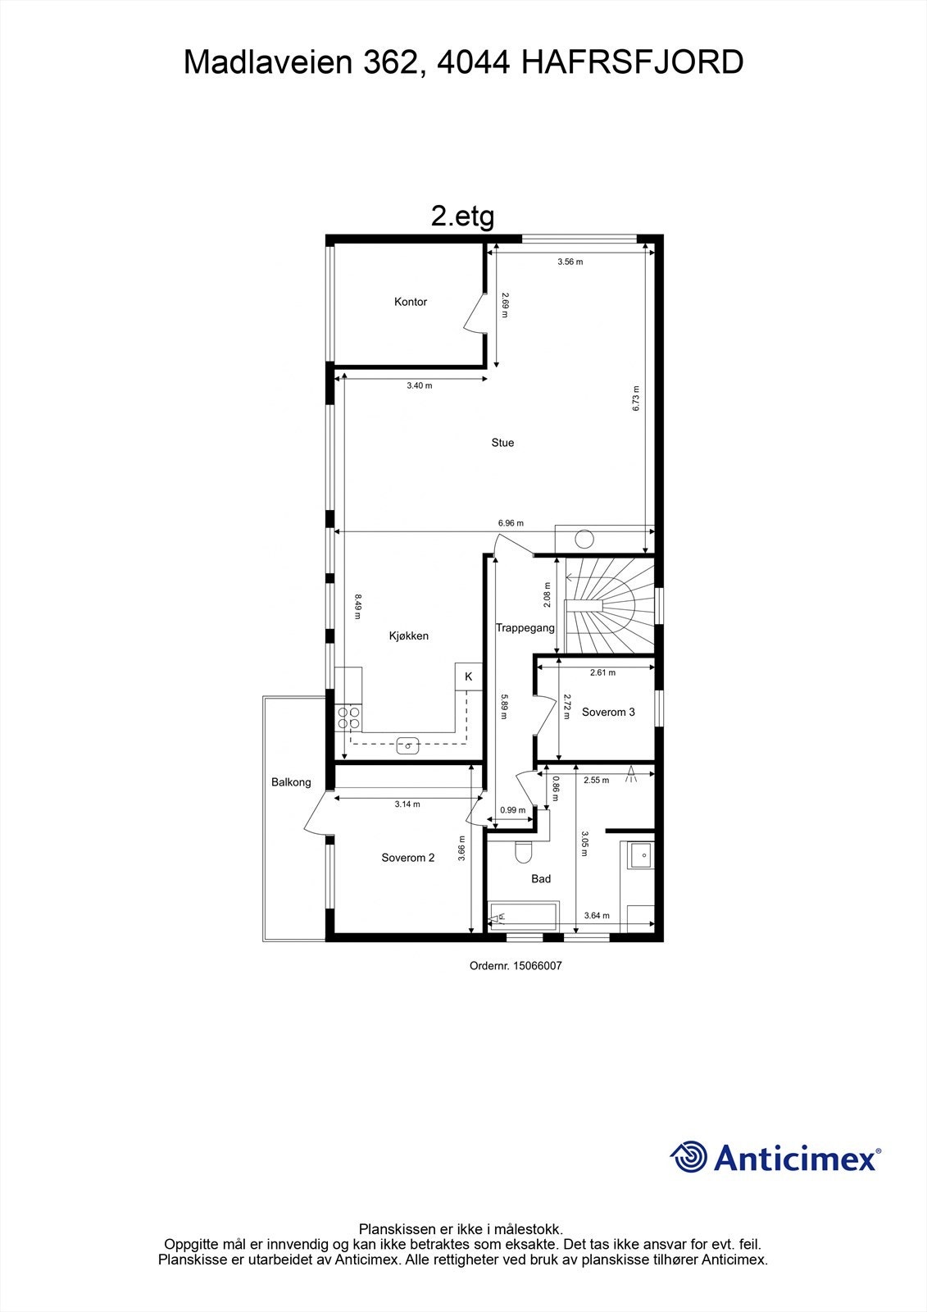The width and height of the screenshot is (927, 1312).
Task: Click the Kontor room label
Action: tap(411, 302)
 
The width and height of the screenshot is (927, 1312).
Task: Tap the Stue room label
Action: tap(502, 443)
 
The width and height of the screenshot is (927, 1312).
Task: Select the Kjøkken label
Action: tap(408, 635)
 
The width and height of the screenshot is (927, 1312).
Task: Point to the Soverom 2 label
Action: tap(408, 858)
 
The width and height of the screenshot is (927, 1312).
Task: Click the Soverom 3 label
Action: tap(608, 712)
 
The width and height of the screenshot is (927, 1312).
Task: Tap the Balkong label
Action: tap(291, 782)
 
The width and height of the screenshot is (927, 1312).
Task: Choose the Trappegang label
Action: tap(525, 628)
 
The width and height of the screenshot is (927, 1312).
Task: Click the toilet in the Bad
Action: tap(523, 852)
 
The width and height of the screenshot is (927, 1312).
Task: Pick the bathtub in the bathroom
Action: tap(522, 915)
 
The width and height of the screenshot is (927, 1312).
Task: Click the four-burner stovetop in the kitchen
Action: tap(348, 717)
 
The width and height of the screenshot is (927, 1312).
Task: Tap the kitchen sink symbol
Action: tap(407, 745)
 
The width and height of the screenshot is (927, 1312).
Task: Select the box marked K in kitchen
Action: tap(469, 676)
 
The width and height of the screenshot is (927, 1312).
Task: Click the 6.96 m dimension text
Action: tap(511, 523)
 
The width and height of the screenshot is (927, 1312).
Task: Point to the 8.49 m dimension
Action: tap(357, 607)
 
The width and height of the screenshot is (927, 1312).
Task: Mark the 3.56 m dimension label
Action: tap(570, 262)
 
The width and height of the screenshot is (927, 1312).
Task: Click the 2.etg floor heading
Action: tap(462, 216)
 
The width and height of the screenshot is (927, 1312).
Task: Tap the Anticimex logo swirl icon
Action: tap(688, 1157)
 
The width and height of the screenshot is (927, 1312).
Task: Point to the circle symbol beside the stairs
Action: tap(584, 540)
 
